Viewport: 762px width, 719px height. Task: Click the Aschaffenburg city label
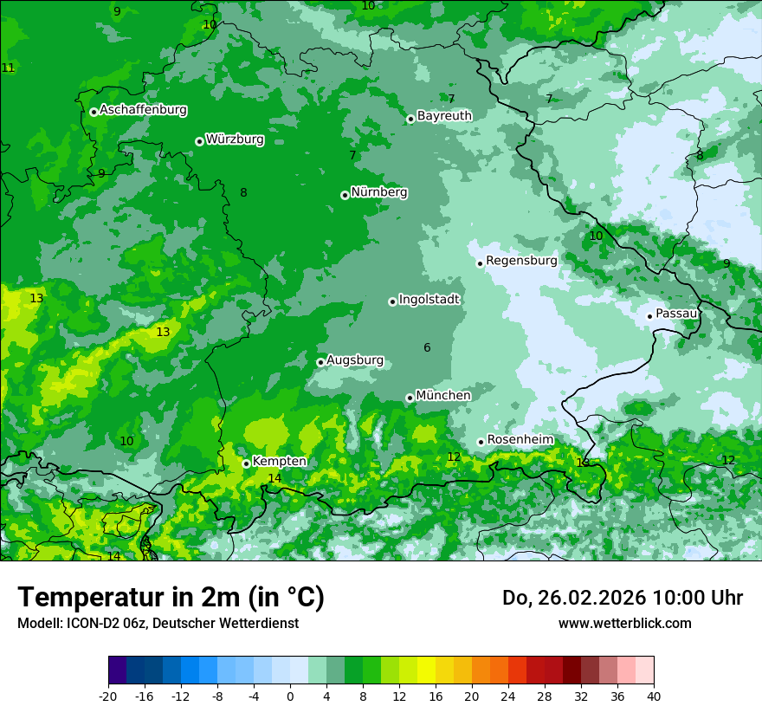[143, 110]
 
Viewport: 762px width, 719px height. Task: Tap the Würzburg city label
[235, 139]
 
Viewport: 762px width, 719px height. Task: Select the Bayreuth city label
[444, 116]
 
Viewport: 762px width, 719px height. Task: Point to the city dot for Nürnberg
[345, 195]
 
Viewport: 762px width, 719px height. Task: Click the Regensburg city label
[521, 261]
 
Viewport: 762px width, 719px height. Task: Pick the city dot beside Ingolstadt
[392, 301]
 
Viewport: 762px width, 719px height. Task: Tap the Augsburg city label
[355, 360]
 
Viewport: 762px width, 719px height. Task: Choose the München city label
[443, 396]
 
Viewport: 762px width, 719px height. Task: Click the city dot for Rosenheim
[481, 442]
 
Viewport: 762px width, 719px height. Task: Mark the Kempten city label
[279, 462]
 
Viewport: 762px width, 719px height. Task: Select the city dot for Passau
[649, 316]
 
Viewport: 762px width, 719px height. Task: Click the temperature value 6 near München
[427, 348]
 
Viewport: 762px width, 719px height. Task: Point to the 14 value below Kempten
[274, 478]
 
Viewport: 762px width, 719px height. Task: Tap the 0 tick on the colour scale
[290, 696]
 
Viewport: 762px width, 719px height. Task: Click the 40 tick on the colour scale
[653, 696]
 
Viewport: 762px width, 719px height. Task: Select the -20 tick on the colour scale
[108, 696]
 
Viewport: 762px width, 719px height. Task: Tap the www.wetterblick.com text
[625, 623]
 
